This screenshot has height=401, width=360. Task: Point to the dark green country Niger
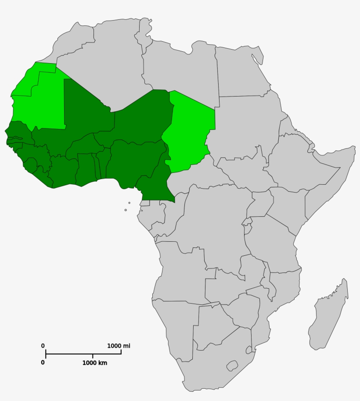pyautogui.click(x=140, y=118)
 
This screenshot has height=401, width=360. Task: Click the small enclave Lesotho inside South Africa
pyautogui.click(x=231, y=365)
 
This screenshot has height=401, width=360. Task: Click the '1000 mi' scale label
pyautogui.click(x=119, y=346)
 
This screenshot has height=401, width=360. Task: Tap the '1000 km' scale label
pyautogui.click(x=94, y=363)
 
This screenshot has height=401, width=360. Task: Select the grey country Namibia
pyautogui.click(x=176, y=325)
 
